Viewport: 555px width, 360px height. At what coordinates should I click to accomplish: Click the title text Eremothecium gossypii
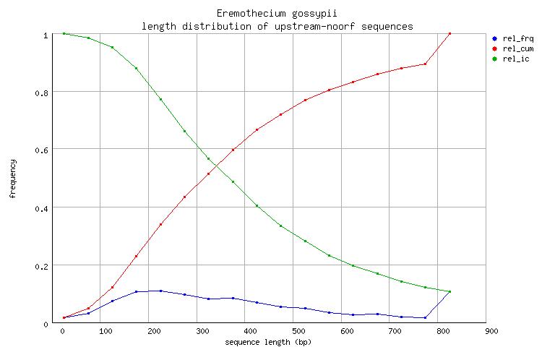click(277, 14)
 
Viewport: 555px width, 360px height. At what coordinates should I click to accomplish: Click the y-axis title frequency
click(13, 179)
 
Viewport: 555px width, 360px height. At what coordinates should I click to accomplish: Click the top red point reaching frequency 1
click(449, 33)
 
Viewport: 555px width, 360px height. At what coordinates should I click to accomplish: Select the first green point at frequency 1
click(64, 33)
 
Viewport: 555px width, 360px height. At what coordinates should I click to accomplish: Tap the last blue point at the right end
click(449, 292)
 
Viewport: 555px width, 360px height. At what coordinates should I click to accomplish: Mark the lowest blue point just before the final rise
click(425, 317)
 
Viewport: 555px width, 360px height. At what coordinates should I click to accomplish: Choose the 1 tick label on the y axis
click(46, 34)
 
